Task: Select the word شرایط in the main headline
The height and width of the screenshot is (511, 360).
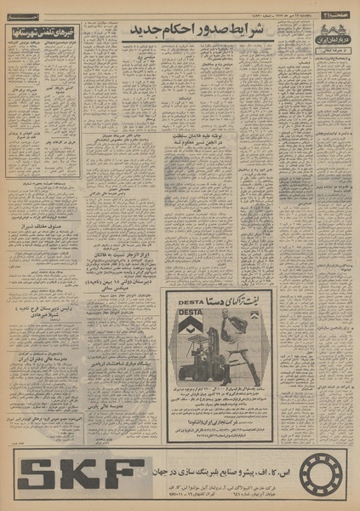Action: pos(255,31)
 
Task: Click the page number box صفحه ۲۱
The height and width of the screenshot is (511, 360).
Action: pos(340,7)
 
